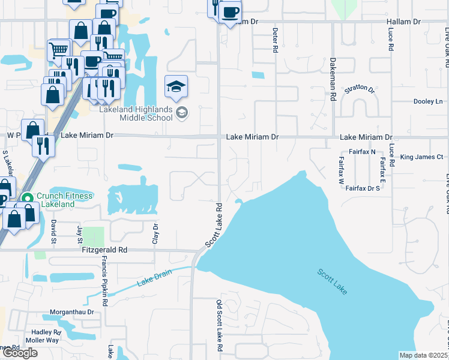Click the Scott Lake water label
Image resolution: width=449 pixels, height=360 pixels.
[332, 281]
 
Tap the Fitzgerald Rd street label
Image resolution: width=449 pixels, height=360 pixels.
[105, 250]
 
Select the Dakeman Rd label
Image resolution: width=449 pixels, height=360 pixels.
[332, 79]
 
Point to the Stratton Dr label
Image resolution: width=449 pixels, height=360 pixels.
[359, 90]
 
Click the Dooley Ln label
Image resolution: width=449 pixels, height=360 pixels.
[427, 101]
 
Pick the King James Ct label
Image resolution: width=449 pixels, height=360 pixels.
[421, 157]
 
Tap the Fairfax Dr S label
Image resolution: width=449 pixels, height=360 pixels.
[363, 188]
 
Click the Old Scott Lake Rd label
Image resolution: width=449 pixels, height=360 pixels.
[219, 327]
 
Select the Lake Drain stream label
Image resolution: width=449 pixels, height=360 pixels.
[154, 278]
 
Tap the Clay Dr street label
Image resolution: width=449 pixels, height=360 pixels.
[155, 233]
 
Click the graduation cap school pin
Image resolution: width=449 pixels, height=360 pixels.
[176, 88]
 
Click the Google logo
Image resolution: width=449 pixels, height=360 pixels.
[20, 353]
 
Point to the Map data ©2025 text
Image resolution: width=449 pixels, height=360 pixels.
[424, 355]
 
